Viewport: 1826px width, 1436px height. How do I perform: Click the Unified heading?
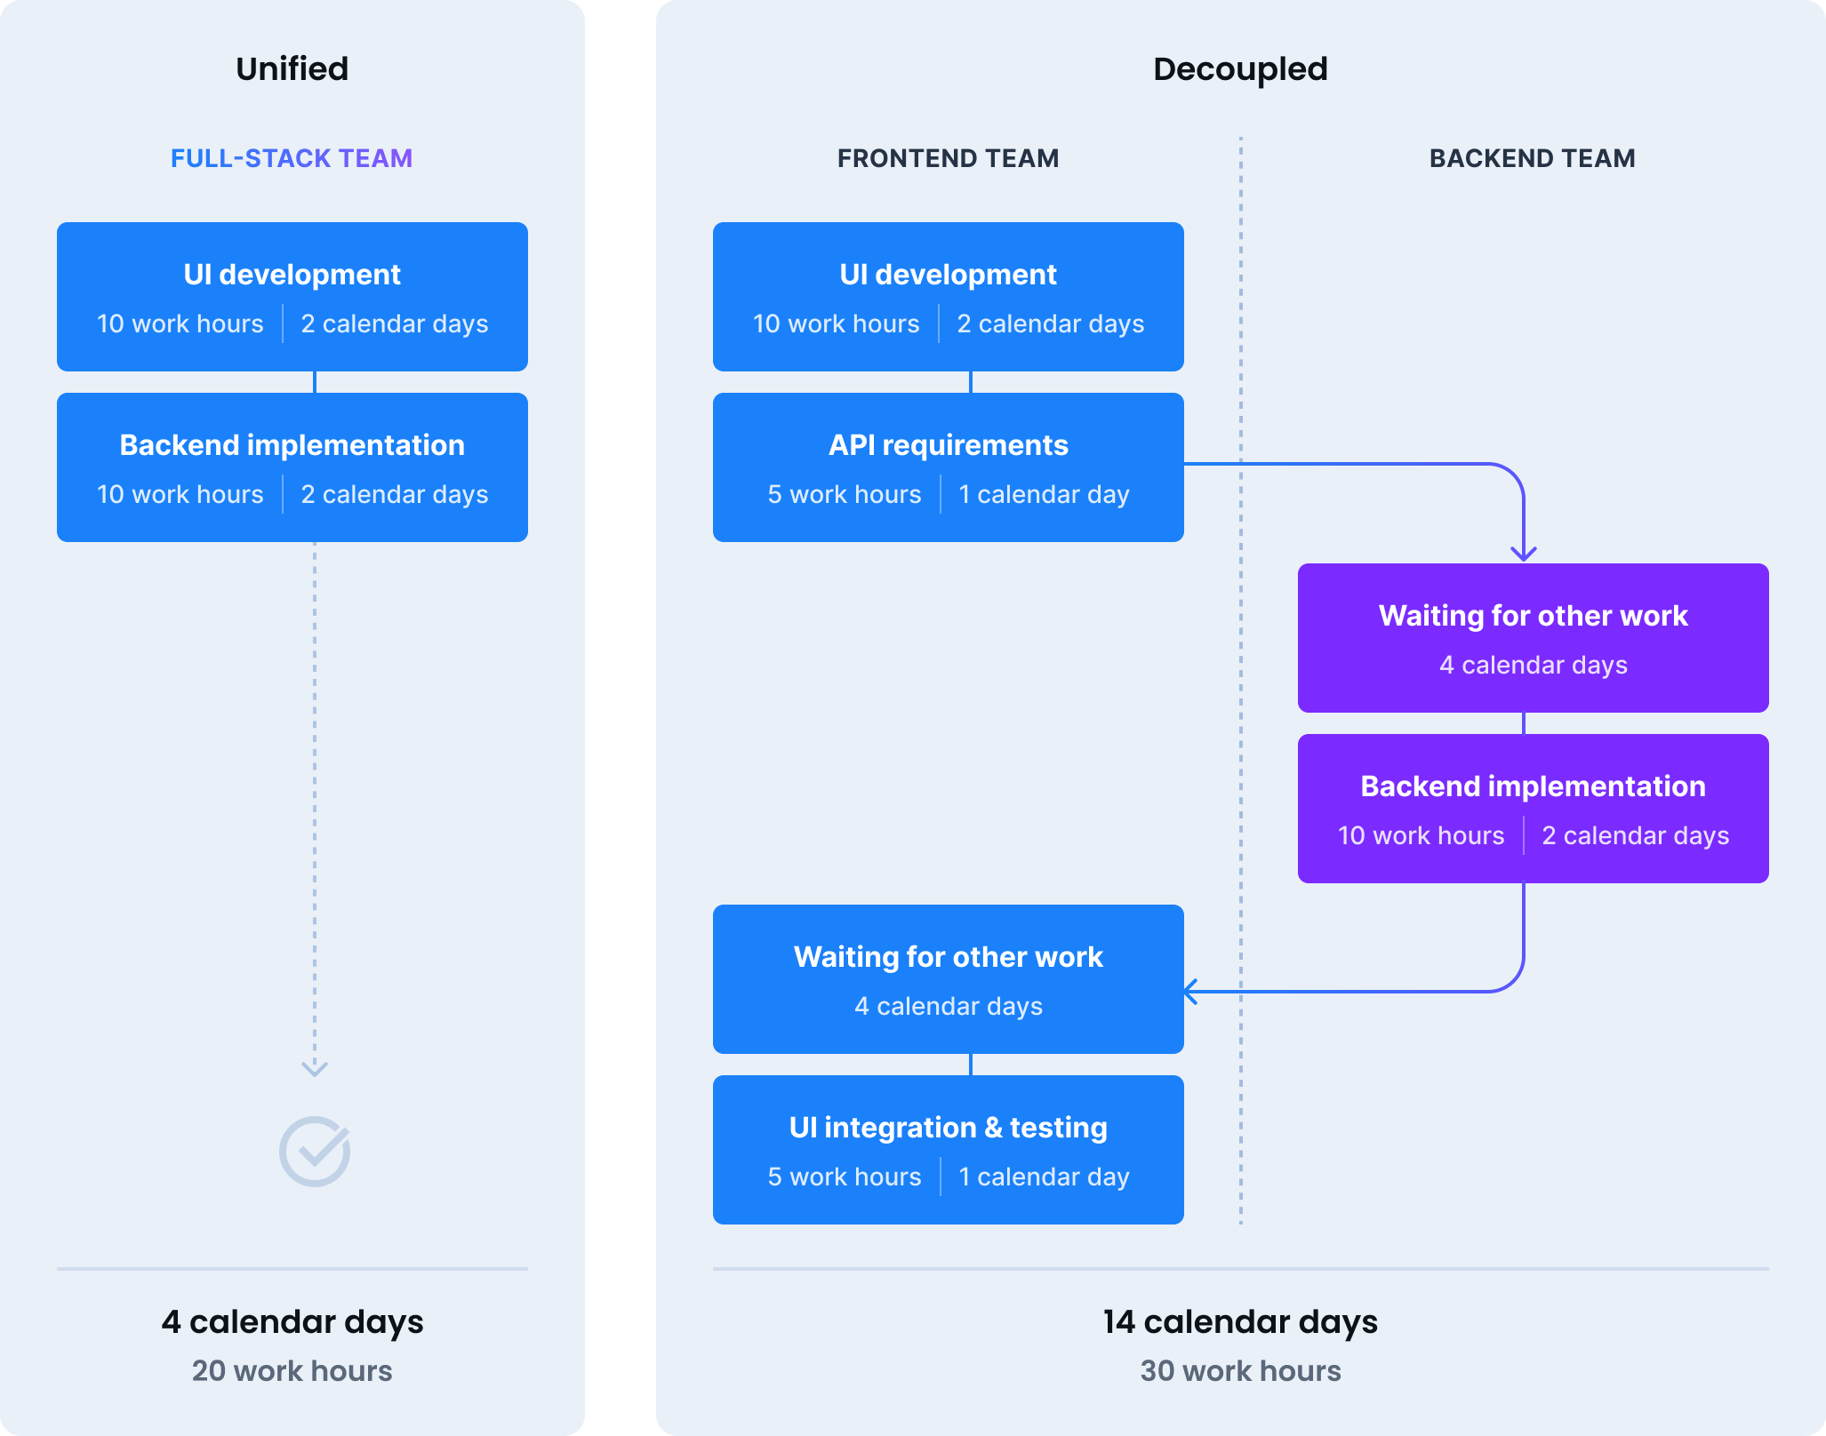point(292,69)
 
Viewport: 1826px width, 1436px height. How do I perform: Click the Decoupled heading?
point(1240,69)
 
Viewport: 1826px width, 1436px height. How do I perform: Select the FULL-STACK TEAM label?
point(292,158)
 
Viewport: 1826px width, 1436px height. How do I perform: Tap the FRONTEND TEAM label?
point(948,158)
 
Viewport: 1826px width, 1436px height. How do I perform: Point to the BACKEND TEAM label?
point(1532,158)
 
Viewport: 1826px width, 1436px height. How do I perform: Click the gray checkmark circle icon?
point(315,1152)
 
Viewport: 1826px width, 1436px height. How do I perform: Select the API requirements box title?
point(948,444)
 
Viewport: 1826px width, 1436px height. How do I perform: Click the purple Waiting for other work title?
point(1533,615)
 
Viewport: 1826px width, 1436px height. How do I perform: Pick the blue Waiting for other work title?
point(948,956)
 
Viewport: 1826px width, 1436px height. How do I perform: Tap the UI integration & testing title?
point(948,1127)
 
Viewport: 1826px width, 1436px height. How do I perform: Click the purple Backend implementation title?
point(1533,786)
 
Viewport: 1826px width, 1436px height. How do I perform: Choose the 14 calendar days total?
point(1240,1321)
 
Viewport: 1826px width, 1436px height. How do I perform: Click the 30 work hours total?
point(1240,1370)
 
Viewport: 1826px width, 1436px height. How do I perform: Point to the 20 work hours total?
point(292,1370)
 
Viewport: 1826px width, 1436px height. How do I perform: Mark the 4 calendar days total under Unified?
point(292,1321)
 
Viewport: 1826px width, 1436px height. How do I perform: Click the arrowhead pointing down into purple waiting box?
point(1524,554)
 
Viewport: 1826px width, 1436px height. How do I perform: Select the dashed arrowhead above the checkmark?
point(315,1068)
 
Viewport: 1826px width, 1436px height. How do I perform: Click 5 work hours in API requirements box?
point(844,494)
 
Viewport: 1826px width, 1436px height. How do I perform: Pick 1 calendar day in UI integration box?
point(1044,1177)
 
